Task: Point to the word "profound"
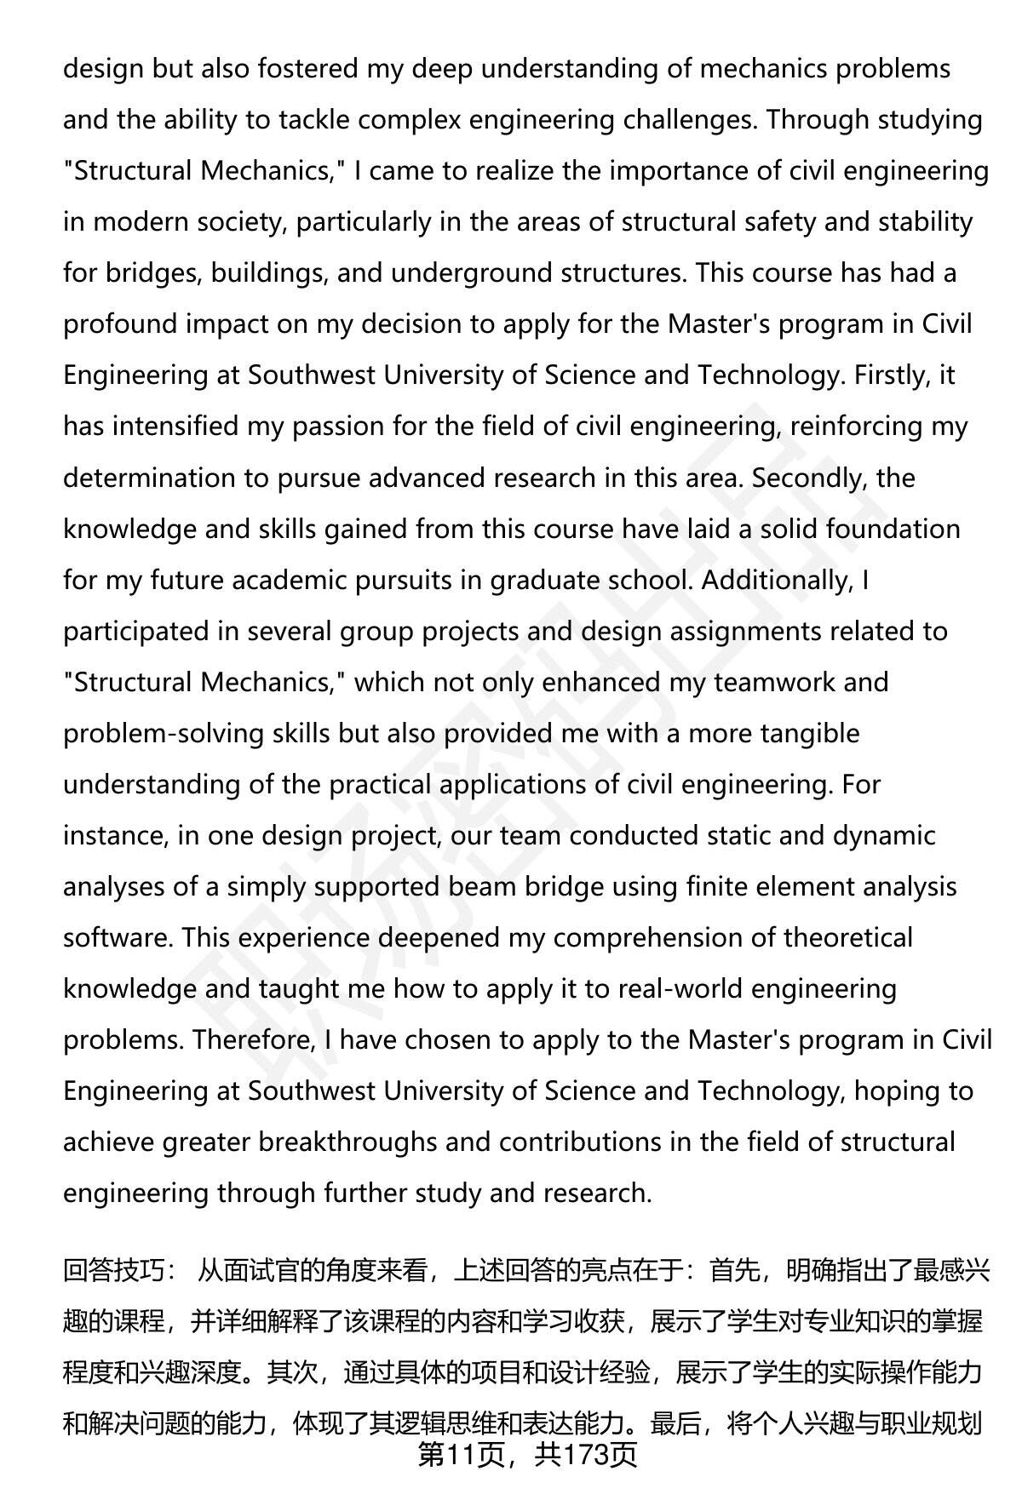[119, 324]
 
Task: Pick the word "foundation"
[893, 529]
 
